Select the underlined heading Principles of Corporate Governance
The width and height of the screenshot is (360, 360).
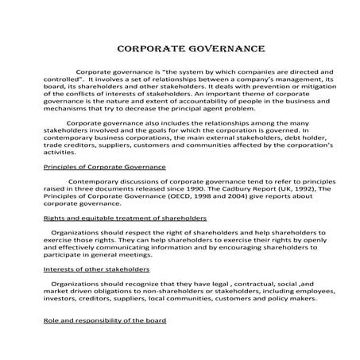pyautogui.click(x=104, y=168)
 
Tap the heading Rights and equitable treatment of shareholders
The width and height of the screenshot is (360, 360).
pyautogui.click(x=124, y=217)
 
